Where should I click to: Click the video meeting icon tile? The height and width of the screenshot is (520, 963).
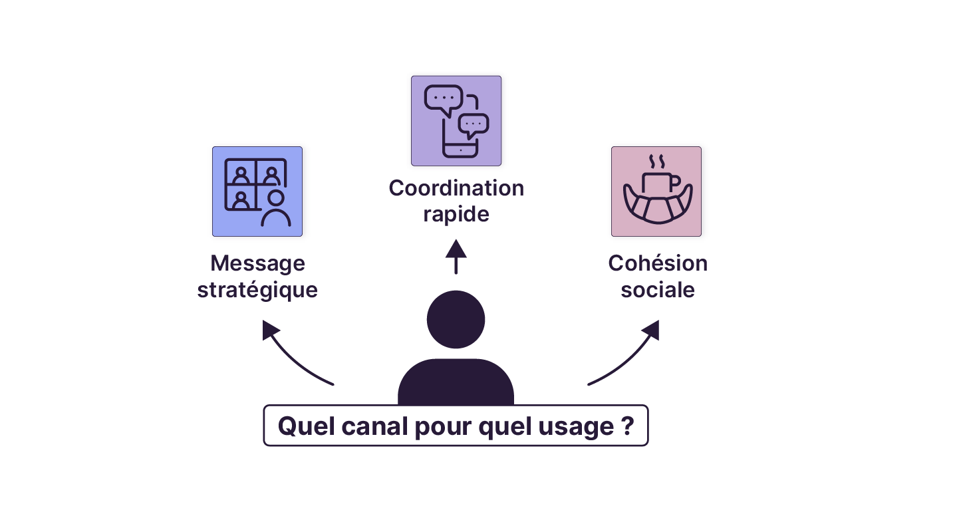pos(257,192)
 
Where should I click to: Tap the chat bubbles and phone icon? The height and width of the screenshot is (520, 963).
pos(456,121)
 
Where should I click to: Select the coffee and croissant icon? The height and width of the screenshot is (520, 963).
pos(656,192)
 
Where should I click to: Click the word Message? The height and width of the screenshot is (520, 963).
pos(257,263)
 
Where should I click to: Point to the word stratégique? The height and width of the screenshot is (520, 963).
pos(257,291)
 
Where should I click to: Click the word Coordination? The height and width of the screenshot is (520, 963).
pos(456,188)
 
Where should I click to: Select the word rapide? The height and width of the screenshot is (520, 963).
pos(456,215)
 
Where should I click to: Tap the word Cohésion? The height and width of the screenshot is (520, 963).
pos(658,263)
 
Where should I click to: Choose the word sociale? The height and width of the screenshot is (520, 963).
pos(658,291)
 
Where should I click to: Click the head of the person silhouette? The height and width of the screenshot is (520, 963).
pos(456,320)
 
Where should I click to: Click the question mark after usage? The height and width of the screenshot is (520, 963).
pos(627,426)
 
